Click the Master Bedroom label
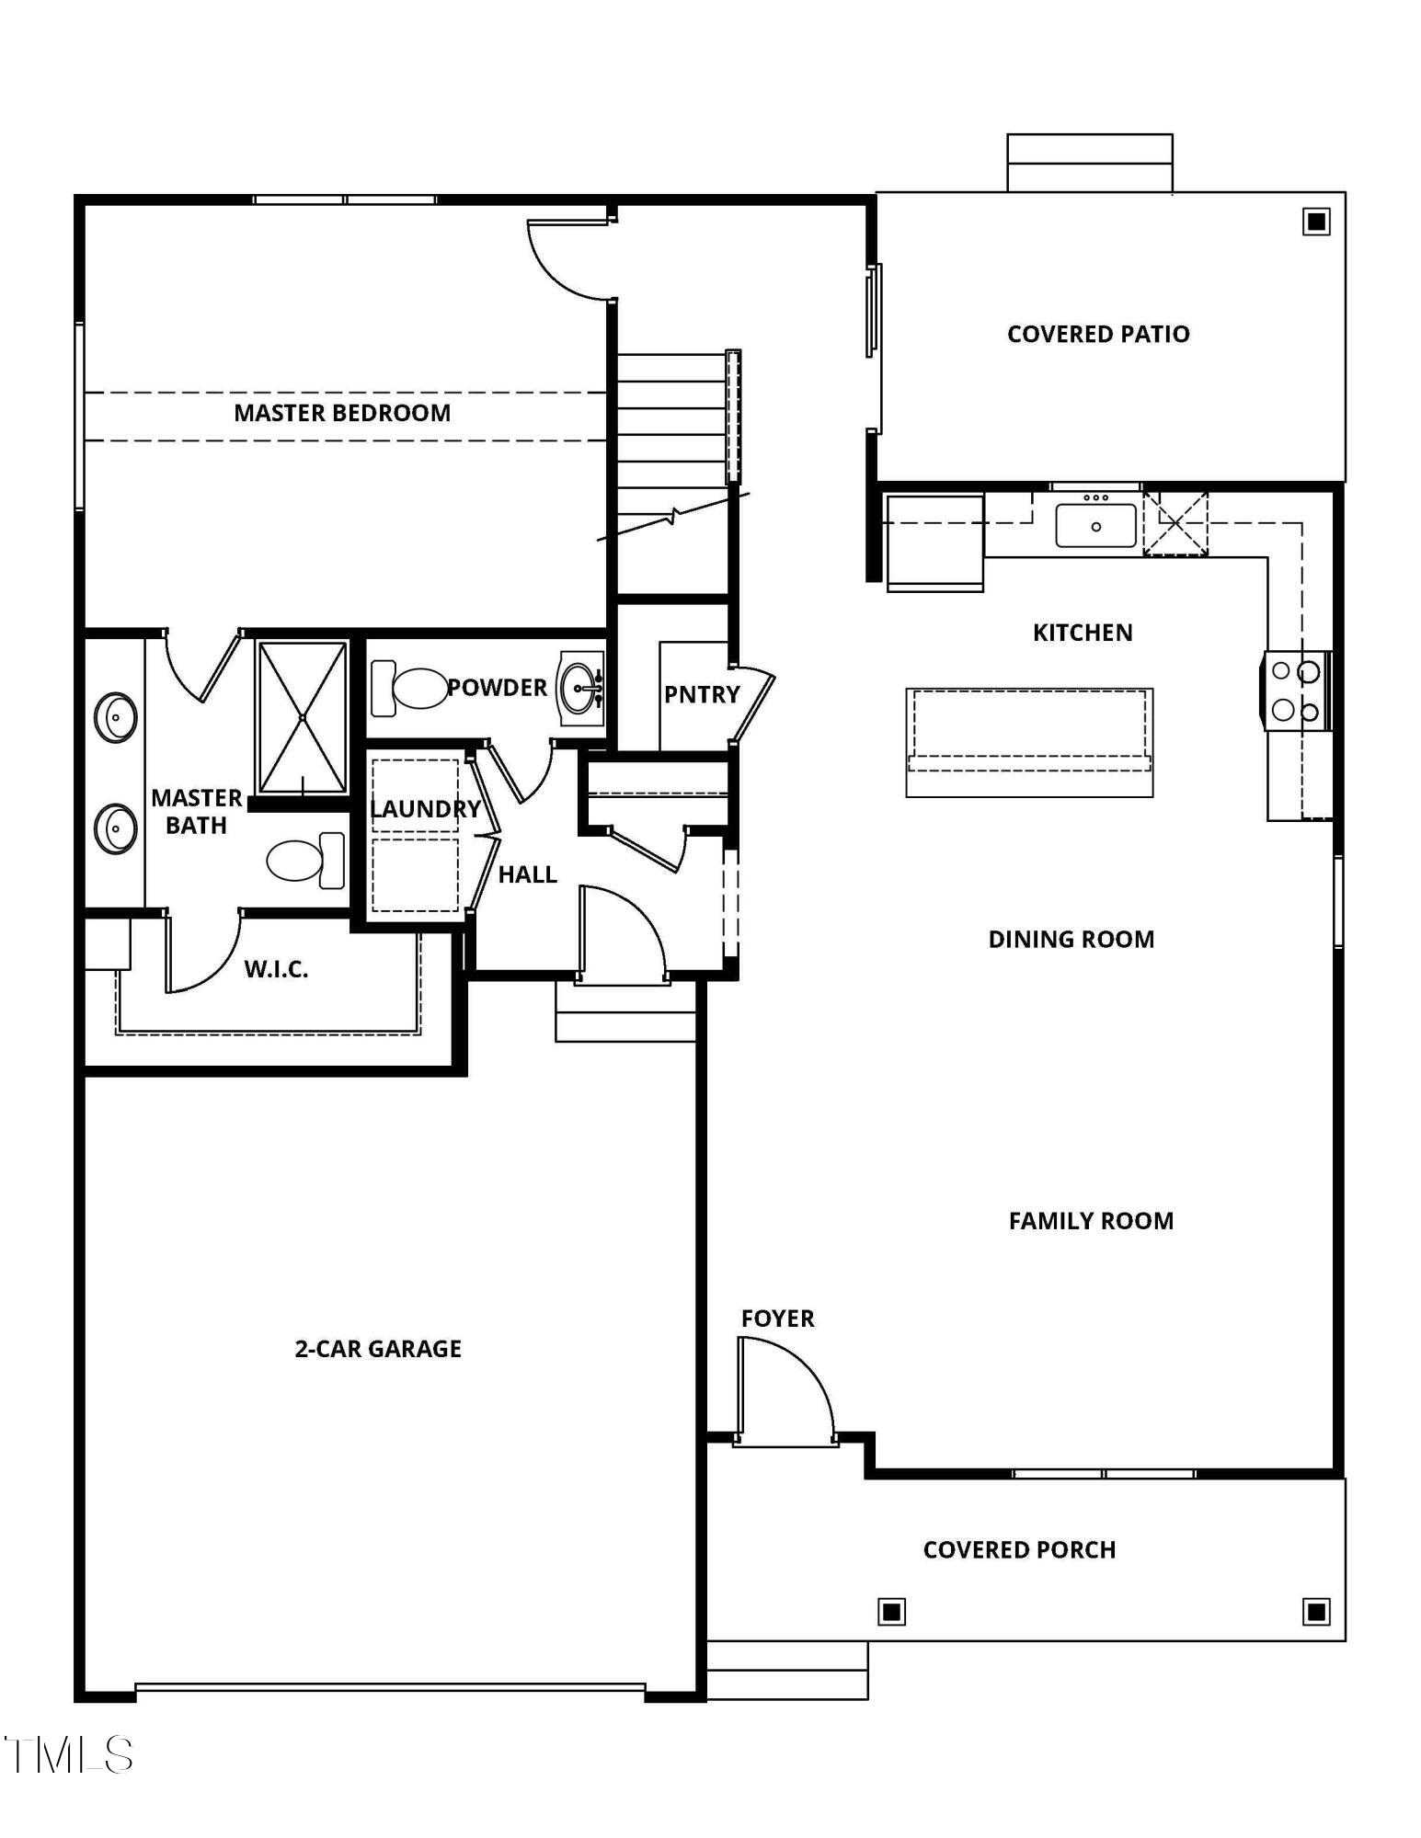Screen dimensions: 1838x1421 pyautogui.click(x=342, y=413)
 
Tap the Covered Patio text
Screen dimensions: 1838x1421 pyautogui.click(x=1097, y=334)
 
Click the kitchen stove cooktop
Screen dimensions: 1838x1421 pyautogui.click(x=1295, y=691)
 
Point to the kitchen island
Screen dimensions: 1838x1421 pyautogui.click(x=1028, y=742)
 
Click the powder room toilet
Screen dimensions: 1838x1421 pyautogui.click(x=410, y=688)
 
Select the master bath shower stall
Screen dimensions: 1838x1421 pyautogui.click(x=302, y=717)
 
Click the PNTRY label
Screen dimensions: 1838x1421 pyautogui.click(x=702, y=695)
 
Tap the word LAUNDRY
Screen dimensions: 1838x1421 pyautogui.click(x=425, y=809)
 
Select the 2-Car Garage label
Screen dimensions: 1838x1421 pyautogui.click(x=378, y=1349)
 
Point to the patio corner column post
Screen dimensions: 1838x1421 pyautogui.click(x=1316, y=222)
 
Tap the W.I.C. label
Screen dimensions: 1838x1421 pyautogui.click(x=276, y=969)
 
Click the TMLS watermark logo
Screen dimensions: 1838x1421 pyautogui.click(x=69, y=1754)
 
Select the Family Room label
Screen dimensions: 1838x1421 pyautogui.click(x=1091, y=1221)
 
